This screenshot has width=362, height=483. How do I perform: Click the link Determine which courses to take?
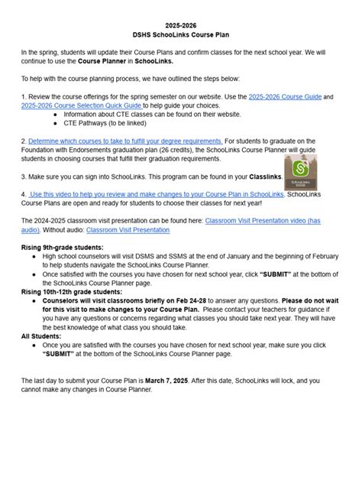tap(125, 141)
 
